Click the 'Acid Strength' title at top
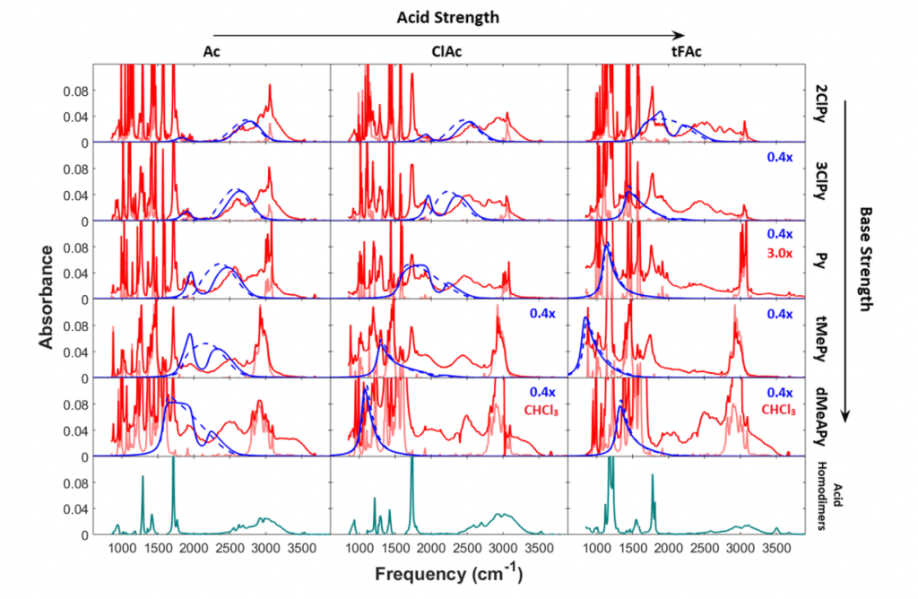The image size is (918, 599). tap(448, 17)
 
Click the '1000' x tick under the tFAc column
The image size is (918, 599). tap(595, 547)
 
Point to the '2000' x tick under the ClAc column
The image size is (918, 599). tap(430, 547)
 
